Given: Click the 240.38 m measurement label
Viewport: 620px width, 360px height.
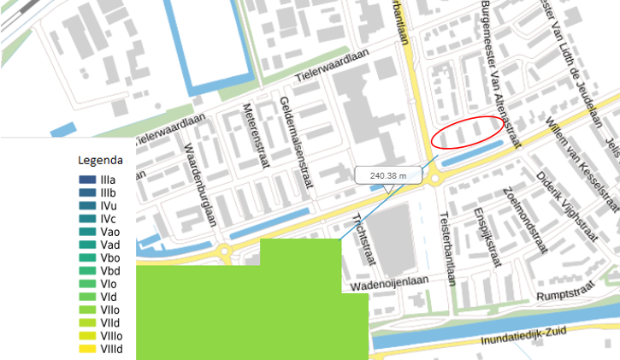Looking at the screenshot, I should (389, 175).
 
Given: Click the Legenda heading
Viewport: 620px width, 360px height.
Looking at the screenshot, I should (100, 160).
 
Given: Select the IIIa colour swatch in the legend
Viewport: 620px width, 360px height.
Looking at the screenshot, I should (86, 180).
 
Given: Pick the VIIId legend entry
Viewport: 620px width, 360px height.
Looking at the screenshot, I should (86, 349).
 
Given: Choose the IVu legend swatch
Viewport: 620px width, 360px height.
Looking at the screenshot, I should (86, 206).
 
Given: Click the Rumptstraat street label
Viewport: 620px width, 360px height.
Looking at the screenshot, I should (564, 296).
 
